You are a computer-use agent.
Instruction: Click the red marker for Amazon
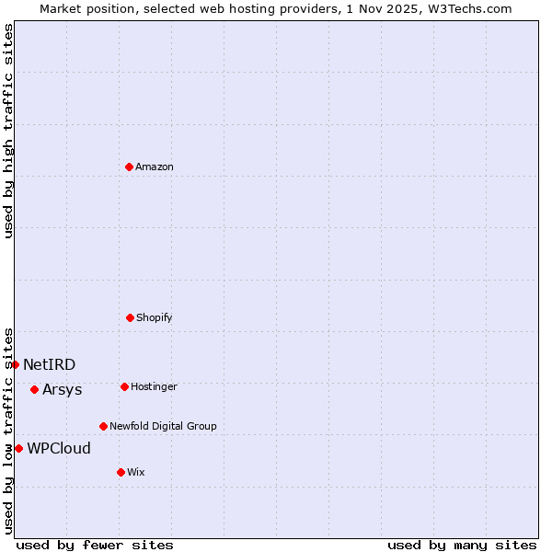click(x=129, y=167)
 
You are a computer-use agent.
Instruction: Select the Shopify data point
click(x=130, y=317)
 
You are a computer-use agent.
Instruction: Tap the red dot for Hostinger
click(x=124, y=386)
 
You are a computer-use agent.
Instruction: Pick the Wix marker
click(x=121, y=472)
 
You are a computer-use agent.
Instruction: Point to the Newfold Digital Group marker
click(x=103, y=426)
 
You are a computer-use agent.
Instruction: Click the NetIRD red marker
click(x=15, y=364)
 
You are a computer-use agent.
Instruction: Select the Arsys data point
click(x=34, y=389)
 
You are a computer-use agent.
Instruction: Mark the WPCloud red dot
click(x=18, y=448)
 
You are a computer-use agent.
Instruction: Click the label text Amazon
click(x=155, y=167)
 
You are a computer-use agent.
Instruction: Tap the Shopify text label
click(x=155, y=317)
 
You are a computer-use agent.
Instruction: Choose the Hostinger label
click(x=154, y=386)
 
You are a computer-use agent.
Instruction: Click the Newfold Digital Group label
click(x=163, y=426)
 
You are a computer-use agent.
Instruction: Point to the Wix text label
click(x=136, y=472)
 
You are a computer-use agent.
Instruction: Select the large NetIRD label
click(x=50, y=364)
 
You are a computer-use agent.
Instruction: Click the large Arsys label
click(x=63, y=389)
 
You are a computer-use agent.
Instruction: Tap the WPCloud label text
click(x=59, y=448)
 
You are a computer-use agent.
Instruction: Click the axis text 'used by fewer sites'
click(x=95, y=545)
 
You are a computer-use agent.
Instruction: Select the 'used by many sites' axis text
click(x=462, y=545)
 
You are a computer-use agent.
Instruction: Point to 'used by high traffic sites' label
click(x=8, y=131)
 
